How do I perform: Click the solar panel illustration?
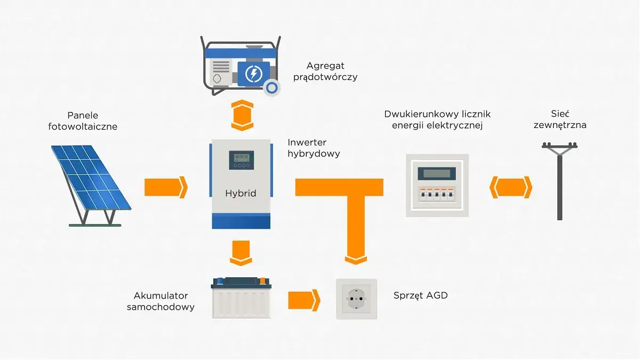(x=91, y=186)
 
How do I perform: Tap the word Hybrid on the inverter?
(x=241, y=194)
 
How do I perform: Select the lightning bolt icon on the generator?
(x=254, y=74)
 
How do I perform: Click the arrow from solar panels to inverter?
(x=166, y=187)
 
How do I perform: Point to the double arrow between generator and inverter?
(x=242, y=115)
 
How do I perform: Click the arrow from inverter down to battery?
(x=241, y=253)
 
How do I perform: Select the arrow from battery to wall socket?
(x=304, y=300)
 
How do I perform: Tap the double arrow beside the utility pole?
(x=511, y=187)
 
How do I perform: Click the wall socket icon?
(x=357, y=299)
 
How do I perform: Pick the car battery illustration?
(x=241, y=298)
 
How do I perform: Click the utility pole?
(x=559, y=181)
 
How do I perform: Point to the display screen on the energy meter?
(x=437, y=173)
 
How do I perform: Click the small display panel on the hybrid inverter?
(x=242, y=161)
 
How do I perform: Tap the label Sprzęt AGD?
(x=421, y=295)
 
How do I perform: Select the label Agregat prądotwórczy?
(x=325, y=71)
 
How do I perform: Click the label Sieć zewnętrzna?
(x=560, y=119)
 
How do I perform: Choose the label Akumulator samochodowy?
(x=161, y=301)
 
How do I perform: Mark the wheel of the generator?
(x=271, y=87)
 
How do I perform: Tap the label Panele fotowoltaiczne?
(x=83, y=121)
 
